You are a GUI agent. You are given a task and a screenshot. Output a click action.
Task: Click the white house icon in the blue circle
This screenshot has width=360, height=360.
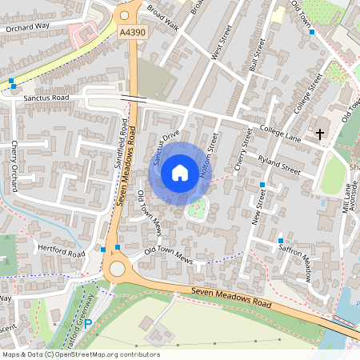tap(180, 172)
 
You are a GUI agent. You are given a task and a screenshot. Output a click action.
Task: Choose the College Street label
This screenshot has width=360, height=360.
tap(306, 93)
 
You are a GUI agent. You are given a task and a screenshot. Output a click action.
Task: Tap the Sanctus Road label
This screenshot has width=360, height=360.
tap(46, 98)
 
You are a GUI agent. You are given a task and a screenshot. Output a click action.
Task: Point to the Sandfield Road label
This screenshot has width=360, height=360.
tap(121, 144)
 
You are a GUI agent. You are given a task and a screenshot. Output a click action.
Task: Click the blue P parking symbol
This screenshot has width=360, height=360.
tap(88, 324)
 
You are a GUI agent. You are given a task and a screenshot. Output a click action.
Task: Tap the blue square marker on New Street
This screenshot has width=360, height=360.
tap(262, 185)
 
